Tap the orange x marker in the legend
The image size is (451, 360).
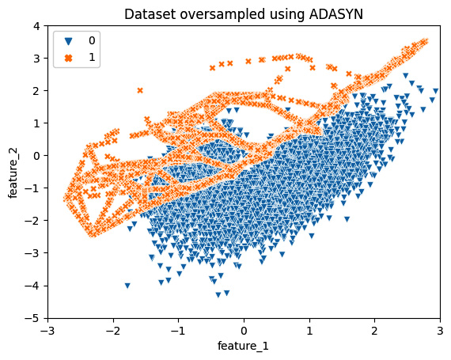[66, 58]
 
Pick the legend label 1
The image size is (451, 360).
[93, 58]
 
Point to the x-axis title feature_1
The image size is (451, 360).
[244, 347]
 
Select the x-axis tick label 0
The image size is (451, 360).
[244, 332]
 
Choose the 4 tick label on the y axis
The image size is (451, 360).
[37, 26]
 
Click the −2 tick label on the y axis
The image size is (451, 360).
[35, 221]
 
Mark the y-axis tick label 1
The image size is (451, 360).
[37, 123]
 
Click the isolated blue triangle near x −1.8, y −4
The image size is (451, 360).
[127, 286]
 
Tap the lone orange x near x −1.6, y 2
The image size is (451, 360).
[140, 90]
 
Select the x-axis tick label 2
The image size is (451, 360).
[374, 332]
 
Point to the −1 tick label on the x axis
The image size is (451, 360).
[178, 332]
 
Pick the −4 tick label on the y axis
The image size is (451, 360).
[35, 286]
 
